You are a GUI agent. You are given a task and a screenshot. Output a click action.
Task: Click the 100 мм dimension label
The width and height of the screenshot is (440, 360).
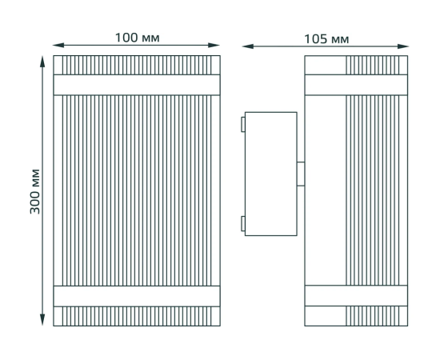[x=138, y=38]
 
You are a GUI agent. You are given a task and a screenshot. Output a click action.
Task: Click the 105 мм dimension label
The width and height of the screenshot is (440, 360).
[x=326, y=39]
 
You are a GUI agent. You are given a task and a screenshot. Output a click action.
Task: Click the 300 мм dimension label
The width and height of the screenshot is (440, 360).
[x=35, y=191]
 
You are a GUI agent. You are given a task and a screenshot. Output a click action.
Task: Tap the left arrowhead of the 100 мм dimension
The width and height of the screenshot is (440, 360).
[x=58, y=45]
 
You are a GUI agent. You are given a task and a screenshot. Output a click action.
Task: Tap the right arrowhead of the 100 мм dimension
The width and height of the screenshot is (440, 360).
[x=214, y=45]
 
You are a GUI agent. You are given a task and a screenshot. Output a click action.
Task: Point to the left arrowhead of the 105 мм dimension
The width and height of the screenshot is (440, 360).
[x=248, y=46]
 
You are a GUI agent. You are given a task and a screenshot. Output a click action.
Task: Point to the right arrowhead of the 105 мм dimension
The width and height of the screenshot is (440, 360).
[x=402, y=46]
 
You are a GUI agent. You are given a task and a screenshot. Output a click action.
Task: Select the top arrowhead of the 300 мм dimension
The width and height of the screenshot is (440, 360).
[x=42, y=62]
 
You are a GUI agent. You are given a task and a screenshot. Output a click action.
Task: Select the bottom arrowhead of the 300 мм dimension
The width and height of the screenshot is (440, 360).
[x=42, y=320]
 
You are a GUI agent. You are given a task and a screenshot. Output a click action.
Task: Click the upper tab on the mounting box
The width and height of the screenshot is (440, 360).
[x=243, y=124]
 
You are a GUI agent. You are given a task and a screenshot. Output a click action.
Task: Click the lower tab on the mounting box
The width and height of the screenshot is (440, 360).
[x=243, y=224]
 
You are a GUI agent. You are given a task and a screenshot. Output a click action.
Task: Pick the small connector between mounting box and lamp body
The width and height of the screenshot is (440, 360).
[x=301, y=174]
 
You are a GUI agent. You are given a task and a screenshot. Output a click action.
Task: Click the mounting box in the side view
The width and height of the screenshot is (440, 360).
[x=270, y=174]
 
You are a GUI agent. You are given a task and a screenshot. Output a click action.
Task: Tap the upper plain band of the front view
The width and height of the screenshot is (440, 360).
[x=137, y=85]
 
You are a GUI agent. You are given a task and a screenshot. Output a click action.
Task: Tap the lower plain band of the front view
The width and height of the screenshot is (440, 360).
[x=137, y=296]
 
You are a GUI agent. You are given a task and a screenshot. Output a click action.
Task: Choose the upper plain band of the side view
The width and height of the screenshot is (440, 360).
[x=356, y=85]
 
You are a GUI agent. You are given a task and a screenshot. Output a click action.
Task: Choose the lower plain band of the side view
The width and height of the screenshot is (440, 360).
[x=356, y=296]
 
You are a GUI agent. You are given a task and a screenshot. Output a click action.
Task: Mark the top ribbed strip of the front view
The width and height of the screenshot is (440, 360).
[x=137, y=65]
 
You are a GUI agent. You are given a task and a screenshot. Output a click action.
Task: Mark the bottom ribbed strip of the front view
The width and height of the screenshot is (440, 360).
[x=137, y=316]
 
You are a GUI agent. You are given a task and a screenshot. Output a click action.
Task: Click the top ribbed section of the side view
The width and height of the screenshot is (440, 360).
[x=373, y=65]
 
